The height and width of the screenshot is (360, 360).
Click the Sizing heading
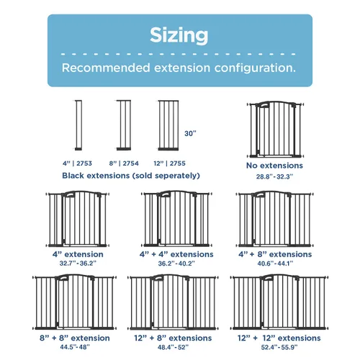179,35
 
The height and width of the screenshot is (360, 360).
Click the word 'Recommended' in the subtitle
106,68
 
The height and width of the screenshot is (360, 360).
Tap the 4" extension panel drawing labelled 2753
78,125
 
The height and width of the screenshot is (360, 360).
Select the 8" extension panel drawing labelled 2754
124,125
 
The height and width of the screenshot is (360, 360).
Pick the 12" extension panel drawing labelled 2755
168,125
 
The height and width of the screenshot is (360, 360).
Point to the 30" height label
190,133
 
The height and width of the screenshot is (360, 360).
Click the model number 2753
84,163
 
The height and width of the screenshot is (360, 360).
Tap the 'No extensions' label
274,166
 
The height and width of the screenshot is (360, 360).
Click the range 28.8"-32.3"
274,176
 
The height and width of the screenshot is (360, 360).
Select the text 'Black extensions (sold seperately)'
131,176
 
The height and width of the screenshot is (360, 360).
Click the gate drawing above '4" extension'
78,219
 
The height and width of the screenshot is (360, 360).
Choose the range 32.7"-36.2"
78,264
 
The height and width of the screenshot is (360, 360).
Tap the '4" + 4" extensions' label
176,254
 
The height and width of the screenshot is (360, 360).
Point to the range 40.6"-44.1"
275,264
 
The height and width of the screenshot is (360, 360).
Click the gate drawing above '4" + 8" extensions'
275,219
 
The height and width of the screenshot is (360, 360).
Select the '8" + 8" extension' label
75,338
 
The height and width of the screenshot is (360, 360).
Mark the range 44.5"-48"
75,347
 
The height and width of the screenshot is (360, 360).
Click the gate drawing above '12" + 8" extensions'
173,302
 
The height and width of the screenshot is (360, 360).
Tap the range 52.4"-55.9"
279,347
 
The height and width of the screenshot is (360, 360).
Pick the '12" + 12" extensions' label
279,338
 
